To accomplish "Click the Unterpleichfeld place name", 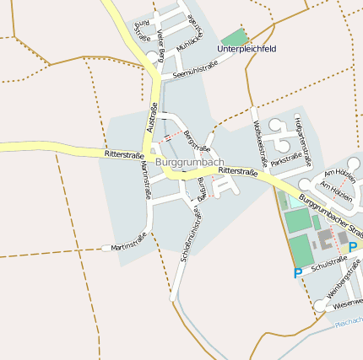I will click(247, 50).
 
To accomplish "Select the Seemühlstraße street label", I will click(201, 68).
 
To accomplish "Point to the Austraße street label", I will click(152, 117).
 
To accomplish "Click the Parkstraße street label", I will click(287, 158).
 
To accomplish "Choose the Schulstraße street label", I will click(328, 266).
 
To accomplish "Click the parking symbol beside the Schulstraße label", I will click(298, 273).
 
